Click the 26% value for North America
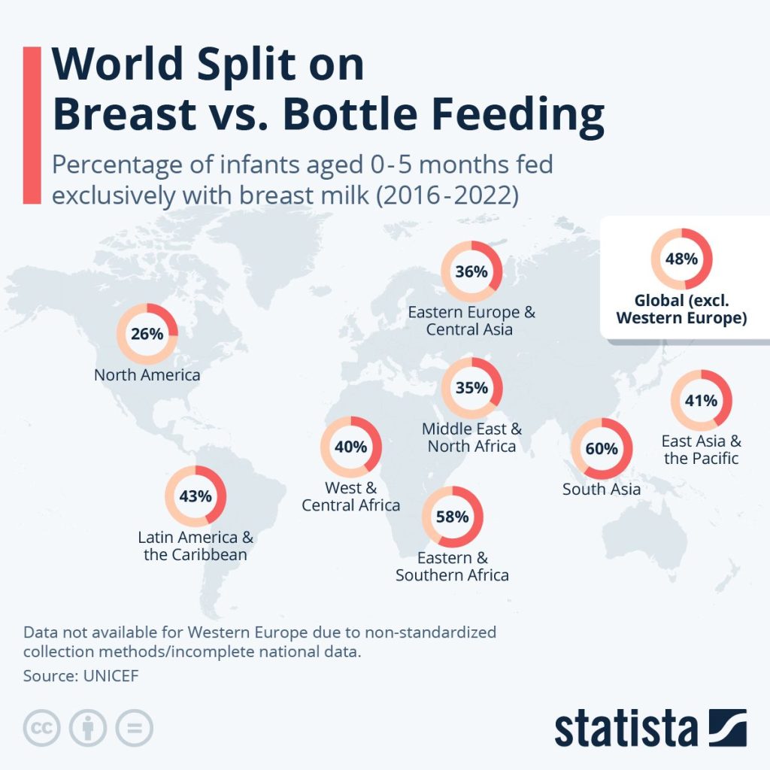147,334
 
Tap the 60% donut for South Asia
602,449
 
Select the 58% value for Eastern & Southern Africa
452,517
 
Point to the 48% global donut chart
681,259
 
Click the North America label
147,374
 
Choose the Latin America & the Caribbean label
196,547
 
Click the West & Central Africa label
350,496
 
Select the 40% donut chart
350,447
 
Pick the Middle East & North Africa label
471,438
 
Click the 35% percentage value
471,388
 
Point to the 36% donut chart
471,271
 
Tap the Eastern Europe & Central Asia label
471,321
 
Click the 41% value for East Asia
701,401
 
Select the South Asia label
602,490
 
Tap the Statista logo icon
727,727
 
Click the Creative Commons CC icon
42,728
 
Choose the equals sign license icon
134,728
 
